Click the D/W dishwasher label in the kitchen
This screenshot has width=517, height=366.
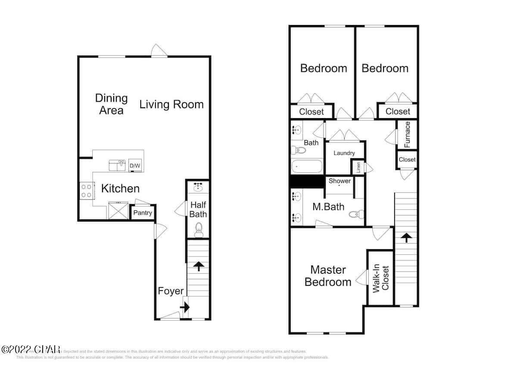coord(135,166)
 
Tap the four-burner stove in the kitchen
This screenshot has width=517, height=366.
coord(87,190)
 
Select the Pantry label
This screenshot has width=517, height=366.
coord(142,213)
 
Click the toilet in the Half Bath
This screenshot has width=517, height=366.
coord(199,229)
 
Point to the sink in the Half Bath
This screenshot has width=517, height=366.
coord(199,187)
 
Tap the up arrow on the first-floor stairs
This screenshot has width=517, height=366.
coord(198,266)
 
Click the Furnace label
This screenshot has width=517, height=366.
coord(407,134)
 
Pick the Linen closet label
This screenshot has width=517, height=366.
coord(358,167)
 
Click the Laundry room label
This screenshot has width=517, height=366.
coord(344,153)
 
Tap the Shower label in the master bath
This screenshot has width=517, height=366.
coord(339,181)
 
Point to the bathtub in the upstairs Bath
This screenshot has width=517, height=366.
coord(307,166)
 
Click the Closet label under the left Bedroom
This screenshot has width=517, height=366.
coord(311,112)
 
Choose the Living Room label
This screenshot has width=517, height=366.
coord(171,104)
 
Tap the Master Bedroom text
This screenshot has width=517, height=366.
coord(328,276)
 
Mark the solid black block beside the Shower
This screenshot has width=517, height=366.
coord(307,181)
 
